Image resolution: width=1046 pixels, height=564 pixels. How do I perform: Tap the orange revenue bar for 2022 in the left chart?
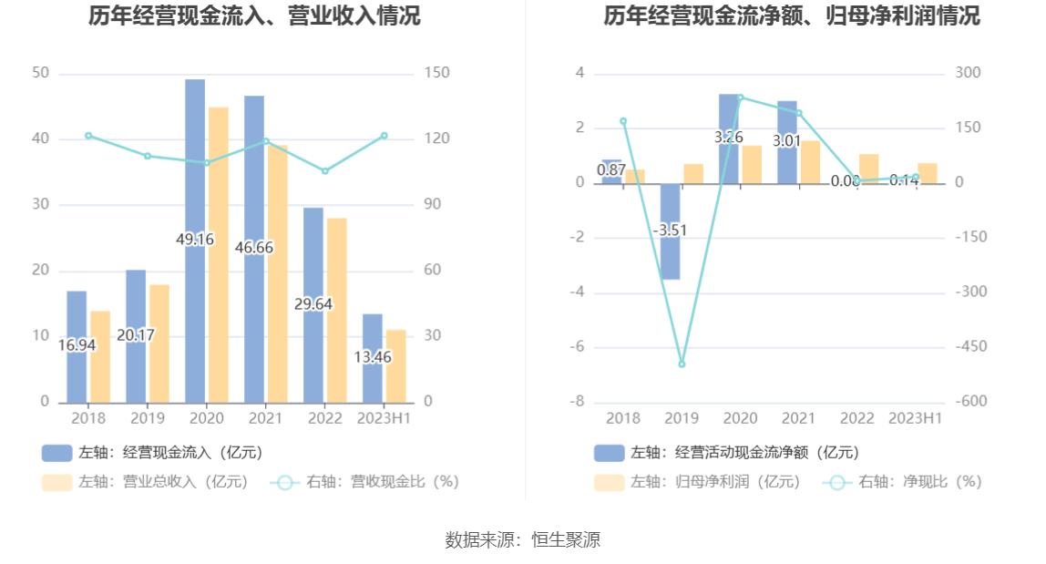336,310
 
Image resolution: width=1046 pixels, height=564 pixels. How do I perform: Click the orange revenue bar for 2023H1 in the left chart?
395,365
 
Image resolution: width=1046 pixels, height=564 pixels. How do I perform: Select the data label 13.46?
373,357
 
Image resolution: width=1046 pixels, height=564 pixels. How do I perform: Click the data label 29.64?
313,304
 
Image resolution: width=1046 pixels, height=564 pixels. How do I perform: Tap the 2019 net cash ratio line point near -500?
682,364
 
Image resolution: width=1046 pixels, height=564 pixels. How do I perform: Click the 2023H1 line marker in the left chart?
385,136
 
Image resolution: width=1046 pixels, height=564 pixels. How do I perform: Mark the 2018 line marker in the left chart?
88,136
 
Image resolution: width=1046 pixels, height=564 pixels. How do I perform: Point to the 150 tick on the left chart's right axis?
437,73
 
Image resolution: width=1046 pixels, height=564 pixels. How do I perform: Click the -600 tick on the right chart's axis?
971,402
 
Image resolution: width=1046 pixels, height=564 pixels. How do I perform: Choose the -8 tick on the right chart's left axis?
579,402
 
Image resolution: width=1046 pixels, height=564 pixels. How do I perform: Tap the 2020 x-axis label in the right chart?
740,418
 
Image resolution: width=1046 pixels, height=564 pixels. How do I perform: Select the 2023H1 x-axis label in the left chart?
385,418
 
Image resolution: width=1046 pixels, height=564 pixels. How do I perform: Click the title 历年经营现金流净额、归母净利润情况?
792,15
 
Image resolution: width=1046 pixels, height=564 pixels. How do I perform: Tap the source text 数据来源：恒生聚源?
523,539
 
